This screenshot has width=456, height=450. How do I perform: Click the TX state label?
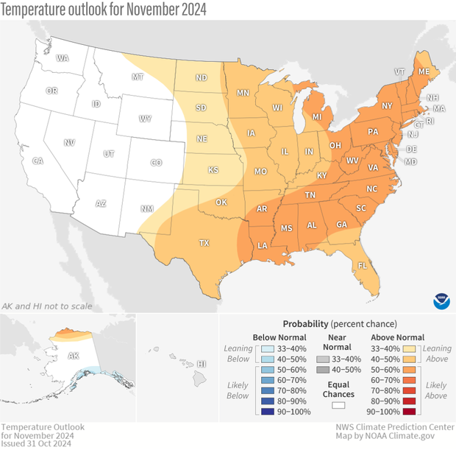pos(205,242)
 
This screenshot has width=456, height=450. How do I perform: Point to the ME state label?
pos(424,72)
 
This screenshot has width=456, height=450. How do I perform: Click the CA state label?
pos(38,161)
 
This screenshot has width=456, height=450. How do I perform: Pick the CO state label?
pos(156,162)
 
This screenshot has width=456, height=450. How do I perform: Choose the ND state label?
pos(201,77)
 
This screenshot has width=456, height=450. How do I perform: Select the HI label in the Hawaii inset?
pos(202,364)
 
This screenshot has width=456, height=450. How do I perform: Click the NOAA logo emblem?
pos(440,300)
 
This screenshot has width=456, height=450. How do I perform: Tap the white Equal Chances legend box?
pos(340,404)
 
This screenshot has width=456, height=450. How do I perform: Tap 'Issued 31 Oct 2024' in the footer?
pos(36,443)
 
